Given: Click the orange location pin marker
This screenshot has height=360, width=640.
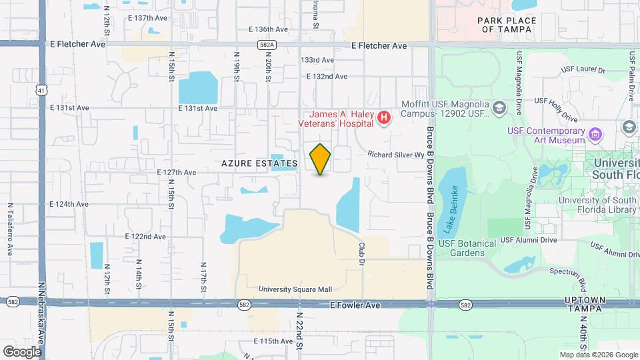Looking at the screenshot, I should click(x=321, y=159).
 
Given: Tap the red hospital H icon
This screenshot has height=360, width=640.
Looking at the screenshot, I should click(x=383, y=119).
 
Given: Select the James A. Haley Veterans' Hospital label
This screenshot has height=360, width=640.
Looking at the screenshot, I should click(x=339, y=119).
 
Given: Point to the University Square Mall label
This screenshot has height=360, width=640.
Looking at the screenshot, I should click(x=295, y=290).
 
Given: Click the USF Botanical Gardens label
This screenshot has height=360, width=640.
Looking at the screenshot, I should click(x=472, y=248).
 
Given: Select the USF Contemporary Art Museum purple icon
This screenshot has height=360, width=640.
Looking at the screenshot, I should click(x=595, y=135).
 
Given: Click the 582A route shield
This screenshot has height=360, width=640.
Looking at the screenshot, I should click(x=264, y=45).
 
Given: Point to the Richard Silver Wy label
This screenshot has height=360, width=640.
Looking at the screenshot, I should click(x=396, y=154).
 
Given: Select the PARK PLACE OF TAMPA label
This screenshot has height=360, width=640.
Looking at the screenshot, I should click(x=507, y=25).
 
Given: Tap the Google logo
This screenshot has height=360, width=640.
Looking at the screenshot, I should click(x=22, y=351).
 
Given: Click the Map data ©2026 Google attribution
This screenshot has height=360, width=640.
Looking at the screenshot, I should click(x=598, y=355).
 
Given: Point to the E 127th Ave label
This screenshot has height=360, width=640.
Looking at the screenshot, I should click(x=177, y=173).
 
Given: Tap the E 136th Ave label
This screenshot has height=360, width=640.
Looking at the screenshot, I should click(x=268, y=29).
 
